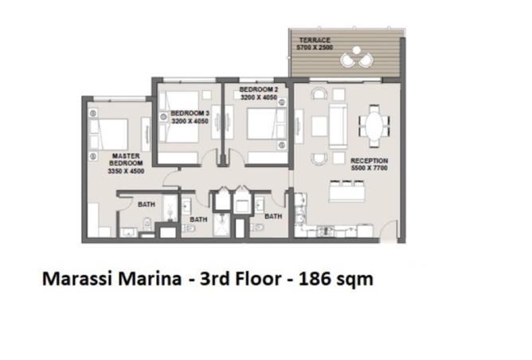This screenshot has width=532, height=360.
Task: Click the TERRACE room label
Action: pos(315,40)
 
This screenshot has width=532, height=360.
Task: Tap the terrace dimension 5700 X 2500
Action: pos(315,48)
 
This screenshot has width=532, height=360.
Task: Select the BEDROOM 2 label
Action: pos(259,89)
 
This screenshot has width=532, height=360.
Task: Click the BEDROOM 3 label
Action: pos(190,113)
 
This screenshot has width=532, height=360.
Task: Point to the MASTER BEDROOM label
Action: pos(126,159)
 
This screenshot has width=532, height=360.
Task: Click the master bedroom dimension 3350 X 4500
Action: pos(126,171)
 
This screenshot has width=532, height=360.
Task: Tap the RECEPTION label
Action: pos(370,161)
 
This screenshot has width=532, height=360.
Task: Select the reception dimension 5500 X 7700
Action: pos(370,168)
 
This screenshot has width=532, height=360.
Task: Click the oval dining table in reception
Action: pos(374,126)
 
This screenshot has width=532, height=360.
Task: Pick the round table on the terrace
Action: pos(356,50)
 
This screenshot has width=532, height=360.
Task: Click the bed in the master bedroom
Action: pos(108,135)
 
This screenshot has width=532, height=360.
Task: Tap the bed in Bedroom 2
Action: pos(266,123)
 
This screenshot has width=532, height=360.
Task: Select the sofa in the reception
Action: pos(338,126)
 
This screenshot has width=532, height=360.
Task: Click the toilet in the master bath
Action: pos(147,223)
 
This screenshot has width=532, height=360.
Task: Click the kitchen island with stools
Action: pos(346,191)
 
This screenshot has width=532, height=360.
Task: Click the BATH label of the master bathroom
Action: pos(147,204)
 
